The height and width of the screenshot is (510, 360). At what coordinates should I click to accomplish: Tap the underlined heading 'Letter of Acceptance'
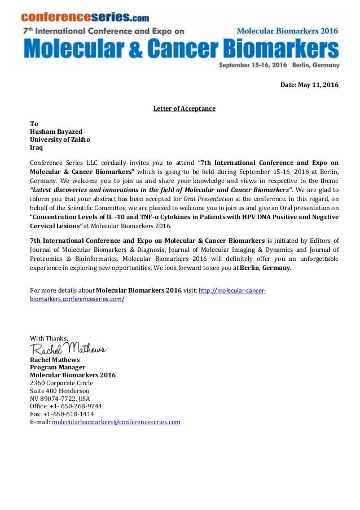coord(184,108)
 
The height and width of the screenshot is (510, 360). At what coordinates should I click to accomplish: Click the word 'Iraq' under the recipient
coord(36,147)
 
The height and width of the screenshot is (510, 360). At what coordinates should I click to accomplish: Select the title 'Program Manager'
coord(58,367)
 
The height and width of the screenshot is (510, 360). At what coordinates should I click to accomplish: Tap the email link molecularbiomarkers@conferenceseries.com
coord(116,422)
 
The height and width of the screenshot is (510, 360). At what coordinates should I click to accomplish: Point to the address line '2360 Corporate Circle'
coord(62,383)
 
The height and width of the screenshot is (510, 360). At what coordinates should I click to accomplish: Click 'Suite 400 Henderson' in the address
coord(59,391)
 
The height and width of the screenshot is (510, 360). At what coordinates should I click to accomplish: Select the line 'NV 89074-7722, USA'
coord(60,398)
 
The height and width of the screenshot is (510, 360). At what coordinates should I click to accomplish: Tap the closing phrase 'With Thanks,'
coord(49,338)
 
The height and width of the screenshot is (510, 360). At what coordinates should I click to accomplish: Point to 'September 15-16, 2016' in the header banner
coord(253,65)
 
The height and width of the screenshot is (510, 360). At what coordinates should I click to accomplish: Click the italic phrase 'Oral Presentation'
coord(208,199)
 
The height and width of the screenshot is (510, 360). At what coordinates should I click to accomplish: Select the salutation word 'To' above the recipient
coord(34,124)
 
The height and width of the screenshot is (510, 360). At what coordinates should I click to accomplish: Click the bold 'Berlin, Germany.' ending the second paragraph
coord(265,268)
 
